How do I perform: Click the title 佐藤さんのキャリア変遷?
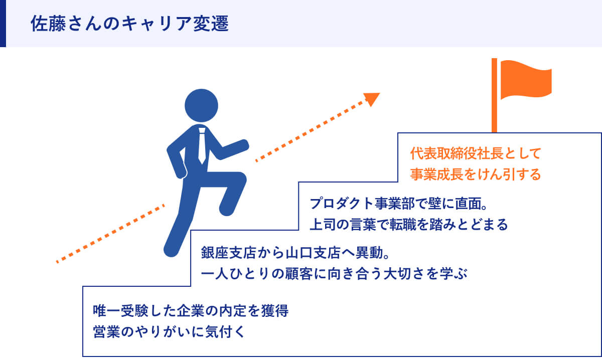(x=129, y=24)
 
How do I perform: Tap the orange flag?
(x=524, y=80)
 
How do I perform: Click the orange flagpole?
(x=494, y=100)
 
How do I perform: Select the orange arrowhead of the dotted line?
(x=372, y=98)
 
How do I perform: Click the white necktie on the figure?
(x=202, y=145)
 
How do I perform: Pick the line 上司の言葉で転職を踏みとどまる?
(x=409, y=224)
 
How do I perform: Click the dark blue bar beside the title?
(x=3, y=24)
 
